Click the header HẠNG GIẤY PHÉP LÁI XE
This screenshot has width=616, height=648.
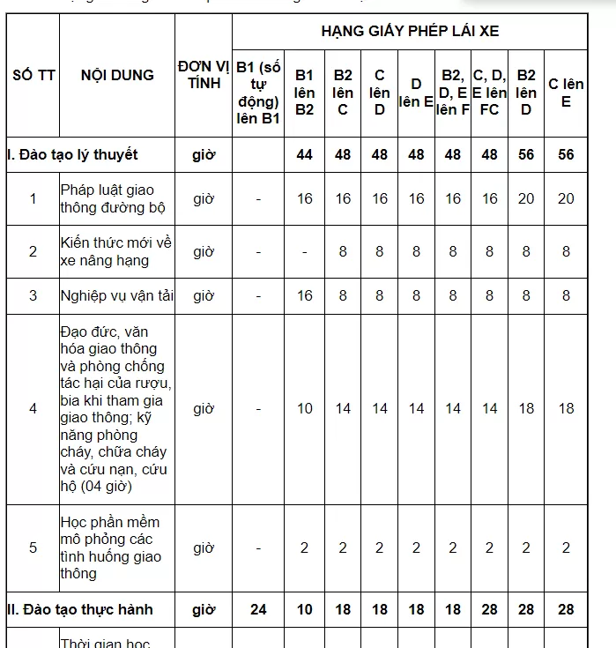(x=410, y=32)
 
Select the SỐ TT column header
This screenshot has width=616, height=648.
(x=33, y=75)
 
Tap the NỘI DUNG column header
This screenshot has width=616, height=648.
(x=117, y=75)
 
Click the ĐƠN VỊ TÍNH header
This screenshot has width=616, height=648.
(x=204, y=75)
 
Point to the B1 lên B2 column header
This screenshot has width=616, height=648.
(x=304, y=93)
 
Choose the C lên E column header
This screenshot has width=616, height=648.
(x=566, y=93)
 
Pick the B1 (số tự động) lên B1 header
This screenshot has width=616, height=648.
(x=258, y=93)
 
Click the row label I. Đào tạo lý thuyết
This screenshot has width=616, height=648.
(x=72, y=154)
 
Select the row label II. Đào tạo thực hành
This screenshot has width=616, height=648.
(x=79, y=609)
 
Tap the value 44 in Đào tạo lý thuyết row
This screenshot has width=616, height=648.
(x=304, y=154)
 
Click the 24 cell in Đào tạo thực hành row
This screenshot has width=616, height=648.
(x=258, y=609)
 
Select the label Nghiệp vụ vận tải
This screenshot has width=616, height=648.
(x=117, y=295)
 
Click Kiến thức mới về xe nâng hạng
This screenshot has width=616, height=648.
(x=116, y=251)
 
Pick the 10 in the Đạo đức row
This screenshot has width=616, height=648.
(x=304, y=408)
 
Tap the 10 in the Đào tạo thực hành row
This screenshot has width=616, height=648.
(x=304, y=609)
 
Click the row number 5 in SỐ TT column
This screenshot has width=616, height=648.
(x=33, y=547)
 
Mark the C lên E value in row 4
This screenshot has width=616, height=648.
(x=566, y=408)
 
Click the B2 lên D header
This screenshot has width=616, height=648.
(x=526, y=93)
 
